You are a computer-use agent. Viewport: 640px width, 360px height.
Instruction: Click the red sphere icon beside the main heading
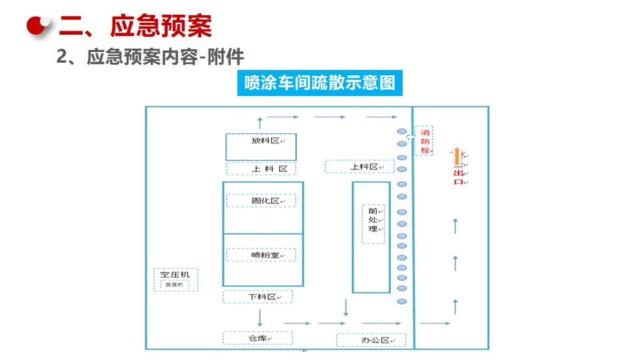tap(38, 25)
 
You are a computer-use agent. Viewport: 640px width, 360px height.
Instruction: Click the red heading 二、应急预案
tap(135, 27)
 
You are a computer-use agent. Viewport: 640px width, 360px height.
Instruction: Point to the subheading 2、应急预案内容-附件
tap(150, 57)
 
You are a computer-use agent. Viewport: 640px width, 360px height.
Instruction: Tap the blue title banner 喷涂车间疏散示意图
tap(320, 83)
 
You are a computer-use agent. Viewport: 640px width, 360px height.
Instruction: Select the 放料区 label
tap(265, 141)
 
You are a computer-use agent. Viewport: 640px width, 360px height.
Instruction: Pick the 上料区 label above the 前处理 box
tap(365, 167)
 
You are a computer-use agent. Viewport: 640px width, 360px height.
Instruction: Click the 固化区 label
tap(265, 201)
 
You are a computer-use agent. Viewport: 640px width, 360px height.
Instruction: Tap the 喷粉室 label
tap(265, 255)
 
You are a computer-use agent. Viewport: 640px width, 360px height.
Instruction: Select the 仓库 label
tap(257, 338)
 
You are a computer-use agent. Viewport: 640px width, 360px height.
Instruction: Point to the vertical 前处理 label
tap(373, 220)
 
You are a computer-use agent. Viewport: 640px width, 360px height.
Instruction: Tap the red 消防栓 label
tap(425, 141)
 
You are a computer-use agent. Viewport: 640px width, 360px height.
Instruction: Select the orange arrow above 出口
tap(457, 157)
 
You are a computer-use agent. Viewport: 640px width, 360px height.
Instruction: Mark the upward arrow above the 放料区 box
tap(259, 121)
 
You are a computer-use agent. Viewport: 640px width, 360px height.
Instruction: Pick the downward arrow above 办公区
tap(345, 308)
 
